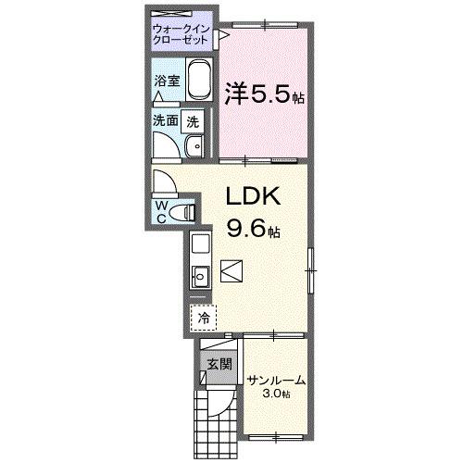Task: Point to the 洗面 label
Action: (165, 120)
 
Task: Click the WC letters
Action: (161, 211)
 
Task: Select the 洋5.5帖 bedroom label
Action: (264, 95)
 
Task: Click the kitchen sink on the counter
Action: (199, 275)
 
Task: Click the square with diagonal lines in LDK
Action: (232, 270)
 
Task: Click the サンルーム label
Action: (276, 381)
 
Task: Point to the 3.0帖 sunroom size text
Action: (274, 394)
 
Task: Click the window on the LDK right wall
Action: (312, 269)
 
